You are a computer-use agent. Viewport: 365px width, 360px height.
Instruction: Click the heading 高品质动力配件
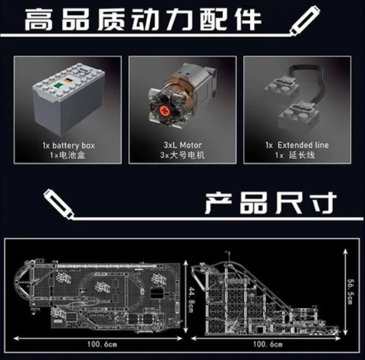click(x=143, y=20)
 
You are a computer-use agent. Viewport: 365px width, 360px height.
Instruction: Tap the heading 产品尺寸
click(x=270, y=203)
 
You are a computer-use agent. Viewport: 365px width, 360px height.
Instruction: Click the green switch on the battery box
click(x=58, y=85)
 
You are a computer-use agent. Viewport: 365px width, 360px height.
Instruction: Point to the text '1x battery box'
click(x=69, y=146)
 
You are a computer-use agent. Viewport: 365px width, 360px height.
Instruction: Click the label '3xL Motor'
click(x=182, y=145)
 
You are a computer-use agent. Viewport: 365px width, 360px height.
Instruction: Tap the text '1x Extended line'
click(x=298, y=145)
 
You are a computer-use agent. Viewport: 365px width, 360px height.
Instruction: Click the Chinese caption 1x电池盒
click(x=67, y=155)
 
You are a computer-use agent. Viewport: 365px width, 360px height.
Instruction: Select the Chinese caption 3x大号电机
click(x=182, y=155)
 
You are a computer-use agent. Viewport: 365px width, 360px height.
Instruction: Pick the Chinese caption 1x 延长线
click(x=295, y=155)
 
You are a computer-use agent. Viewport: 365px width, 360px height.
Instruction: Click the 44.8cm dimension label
click(x=192, y=299)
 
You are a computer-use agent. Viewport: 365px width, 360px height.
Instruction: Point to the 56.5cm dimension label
click(x=352, y=291)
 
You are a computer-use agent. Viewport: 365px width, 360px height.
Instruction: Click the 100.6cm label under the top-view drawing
click(x=102, y=344)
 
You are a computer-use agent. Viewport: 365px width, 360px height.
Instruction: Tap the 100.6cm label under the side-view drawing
click(x=268, y=344)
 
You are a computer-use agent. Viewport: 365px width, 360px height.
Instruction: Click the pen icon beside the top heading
click(x=305, y=21)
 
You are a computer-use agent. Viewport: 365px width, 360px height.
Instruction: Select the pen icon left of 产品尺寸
click(x=59, y=204)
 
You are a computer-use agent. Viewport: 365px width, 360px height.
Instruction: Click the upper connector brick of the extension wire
click(x=281, y=87)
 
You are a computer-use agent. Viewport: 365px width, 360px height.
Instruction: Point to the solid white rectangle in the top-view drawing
click(x=156, y=293)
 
